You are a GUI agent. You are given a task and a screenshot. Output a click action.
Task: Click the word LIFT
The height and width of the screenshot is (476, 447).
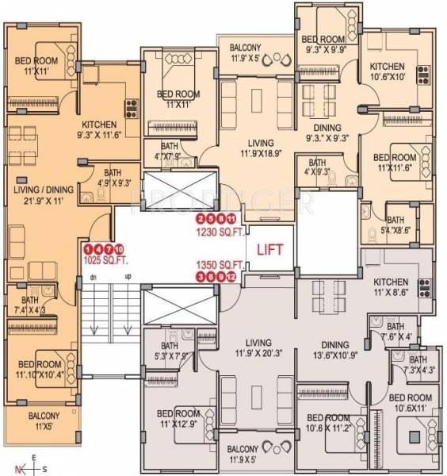point(268,248)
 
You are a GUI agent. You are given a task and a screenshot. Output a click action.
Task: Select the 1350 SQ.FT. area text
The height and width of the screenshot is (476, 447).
point(220,264)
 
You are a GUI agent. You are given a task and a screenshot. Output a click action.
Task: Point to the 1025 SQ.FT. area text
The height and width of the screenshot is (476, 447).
point(105,259)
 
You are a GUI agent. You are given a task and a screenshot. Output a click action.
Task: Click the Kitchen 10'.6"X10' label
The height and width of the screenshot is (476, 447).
point(387,72)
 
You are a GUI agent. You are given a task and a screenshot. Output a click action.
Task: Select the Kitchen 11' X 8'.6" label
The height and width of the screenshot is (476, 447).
point(391,287)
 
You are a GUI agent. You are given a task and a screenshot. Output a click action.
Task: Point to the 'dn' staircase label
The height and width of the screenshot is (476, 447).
point(93,277)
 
